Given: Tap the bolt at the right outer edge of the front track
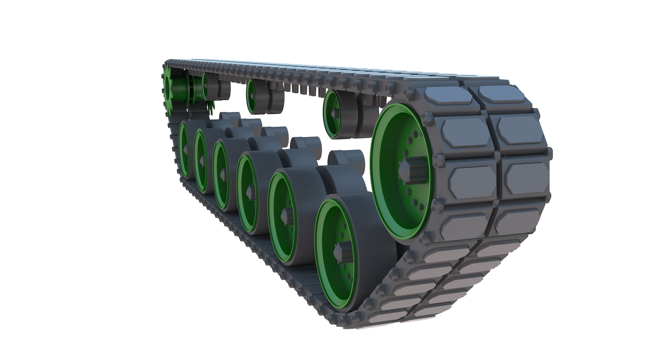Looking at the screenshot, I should pyautogui.click(x=549, y=153).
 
